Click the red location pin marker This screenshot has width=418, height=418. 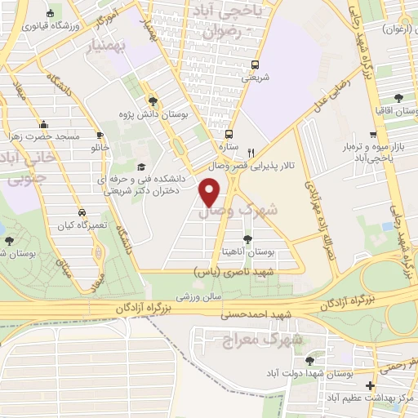tap(210, 192)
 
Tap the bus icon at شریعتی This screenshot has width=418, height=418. tap(255, 64)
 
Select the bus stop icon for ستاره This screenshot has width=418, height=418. tap(230, 134)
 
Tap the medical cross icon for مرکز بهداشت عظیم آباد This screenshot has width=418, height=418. tap(371, 385)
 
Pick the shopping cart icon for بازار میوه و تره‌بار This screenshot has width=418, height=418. tap(372, 135)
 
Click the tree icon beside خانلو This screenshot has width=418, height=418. tap(100, 134)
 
